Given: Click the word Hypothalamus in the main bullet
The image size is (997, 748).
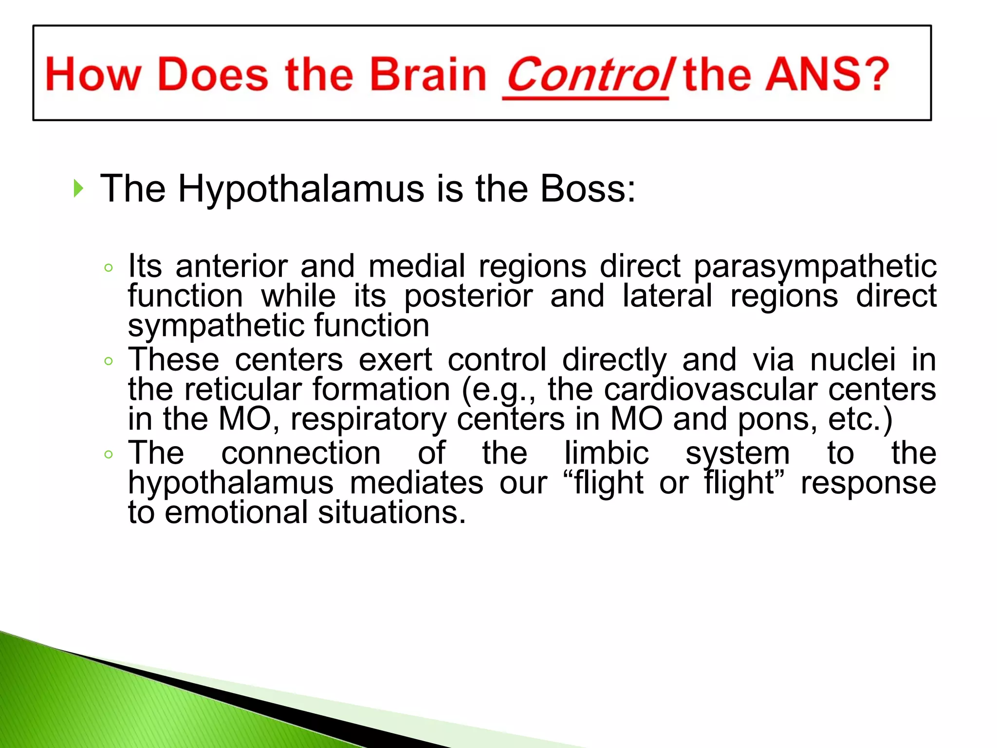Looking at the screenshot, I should point(300,189).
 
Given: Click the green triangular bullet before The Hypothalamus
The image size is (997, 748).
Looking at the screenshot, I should point(78,188).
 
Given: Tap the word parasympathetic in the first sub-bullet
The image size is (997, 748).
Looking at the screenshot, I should point(814,267).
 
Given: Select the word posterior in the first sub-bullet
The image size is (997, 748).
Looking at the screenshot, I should point(468,296).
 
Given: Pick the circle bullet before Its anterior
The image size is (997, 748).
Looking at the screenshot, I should point(109,267).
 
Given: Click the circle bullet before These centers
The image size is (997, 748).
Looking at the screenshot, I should point(109,361).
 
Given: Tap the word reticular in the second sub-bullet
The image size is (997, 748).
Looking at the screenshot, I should point(243,390).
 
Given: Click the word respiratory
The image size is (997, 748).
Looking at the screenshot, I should point(368,419).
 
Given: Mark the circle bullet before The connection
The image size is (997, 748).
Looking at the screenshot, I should point(109,454).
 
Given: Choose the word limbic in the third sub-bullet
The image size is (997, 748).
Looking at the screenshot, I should point(606,453).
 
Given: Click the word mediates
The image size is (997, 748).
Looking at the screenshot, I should point(416,483).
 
